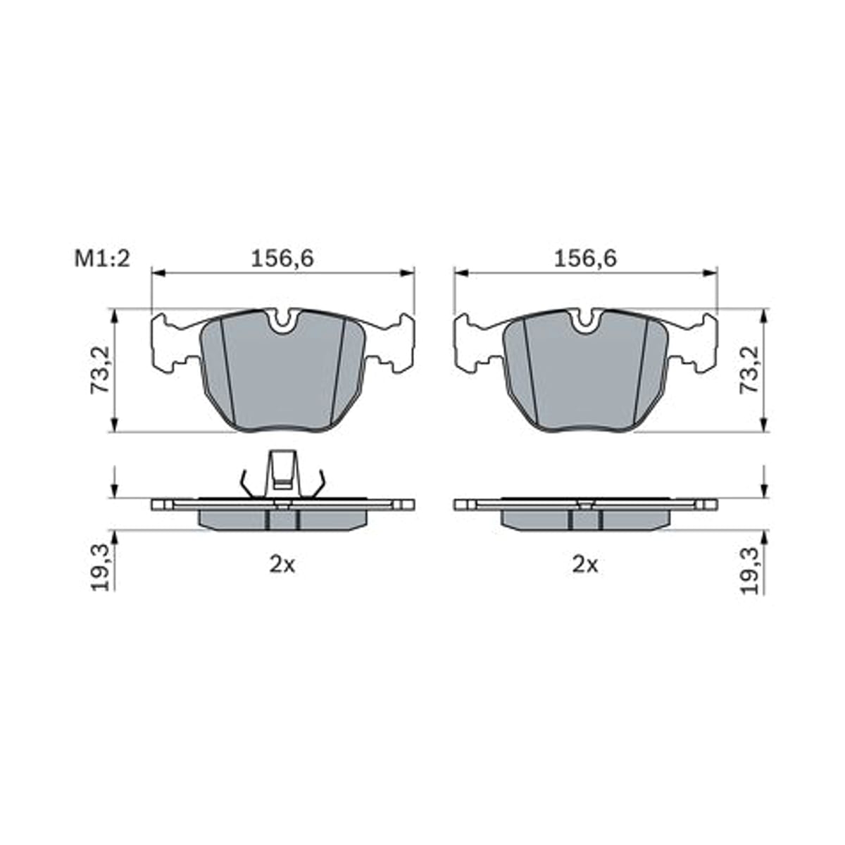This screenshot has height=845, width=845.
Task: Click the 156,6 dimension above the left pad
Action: (x=282, y=258)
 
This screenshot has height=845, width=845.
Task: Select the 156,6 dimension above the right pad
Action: (x=585, y=258)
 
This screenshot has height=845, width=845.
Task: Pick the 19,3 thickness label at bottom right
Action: (x=749, y=569)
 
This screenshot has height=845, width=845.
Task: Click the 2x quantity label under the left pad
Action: (x=282, y=565)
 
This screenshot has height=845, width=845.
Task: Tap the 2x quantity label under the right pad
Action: (x=585, y=565)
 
